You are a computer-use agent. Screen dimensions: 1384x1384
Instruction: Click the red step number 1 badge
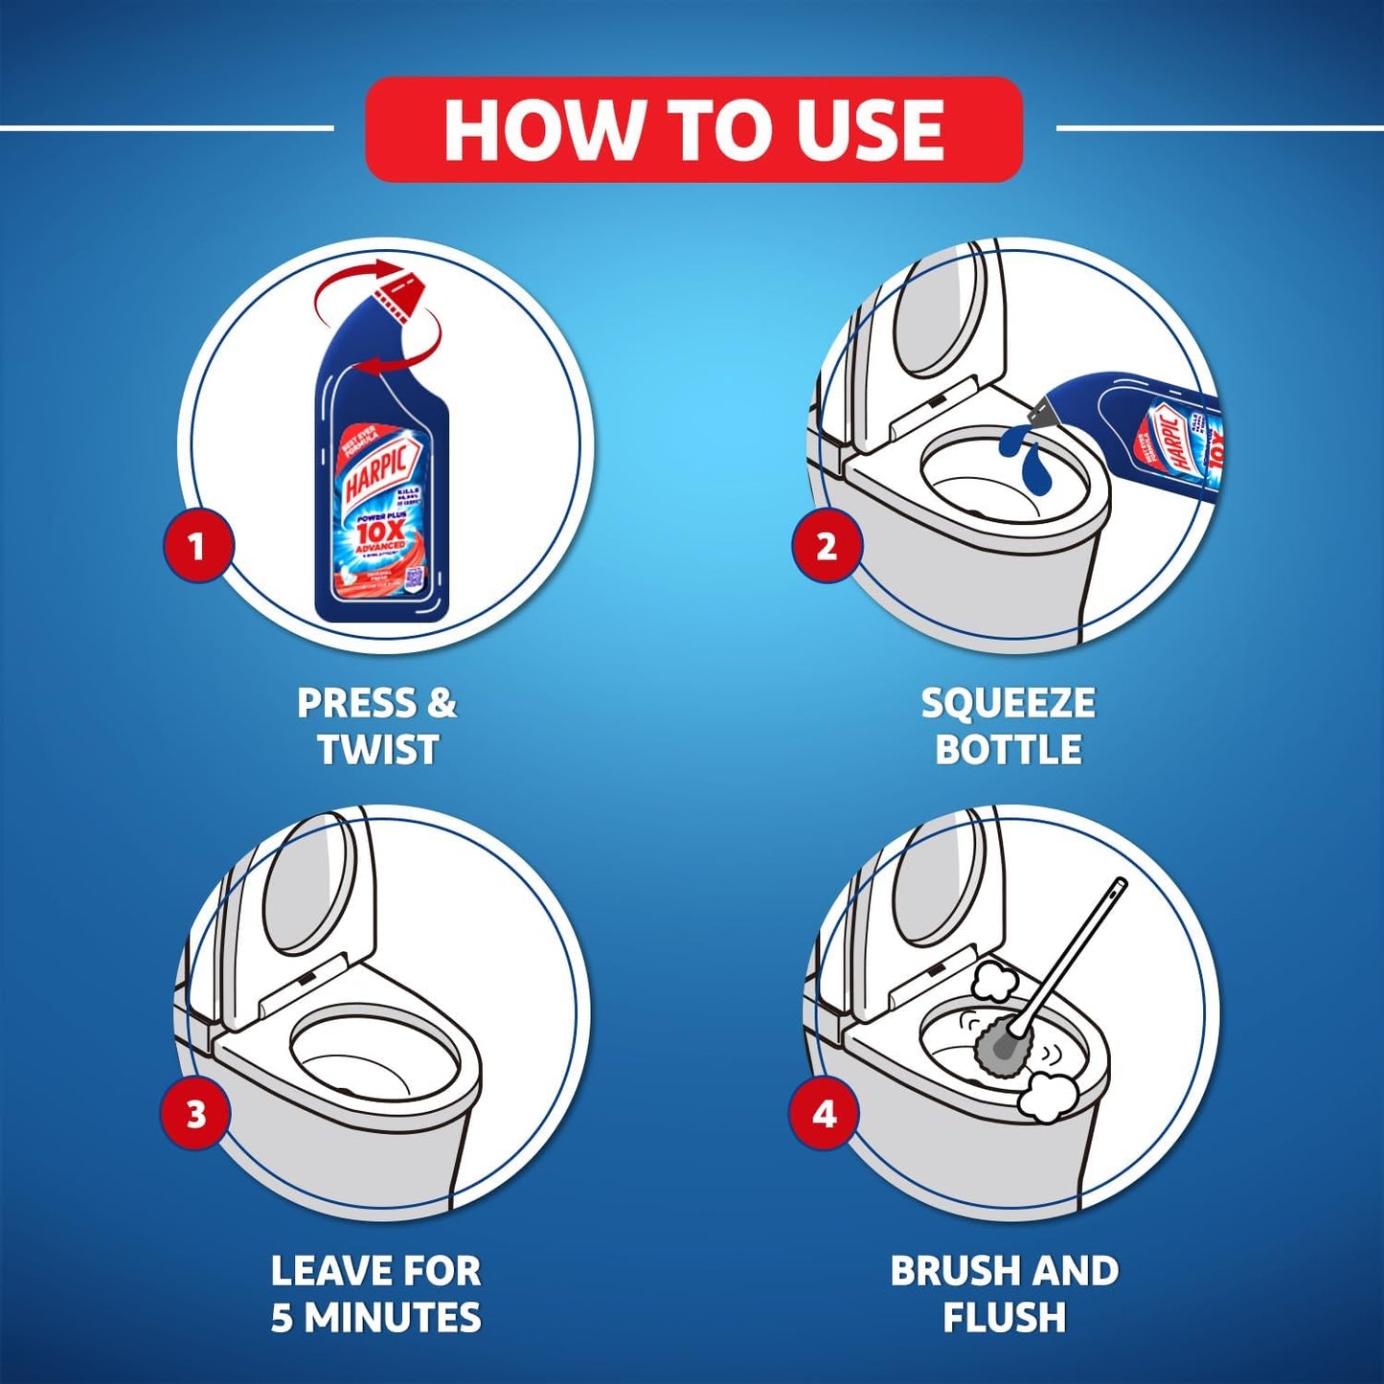pos(196,546)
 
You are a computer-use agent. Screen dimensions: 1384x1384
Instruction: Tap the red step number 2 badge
pos(826,546)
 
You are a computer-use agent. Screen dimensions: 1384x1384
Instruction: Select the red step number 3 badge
pos(195,1114)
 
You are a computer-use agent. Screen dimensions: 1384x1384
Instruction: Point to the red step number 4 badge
pos(824,1114)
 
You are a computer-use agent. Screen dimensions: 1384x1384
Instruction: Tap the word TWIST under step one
pos(377,749)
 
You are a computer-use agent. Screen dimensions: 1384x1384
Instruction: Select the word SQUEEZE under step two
pos(1008,704)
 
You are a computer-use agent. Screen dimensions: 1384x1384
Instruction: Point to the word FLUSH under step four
pos(1004,1318)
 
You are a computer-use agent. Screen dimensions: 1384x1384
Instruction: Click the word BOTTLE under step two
pos(1008,749)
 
